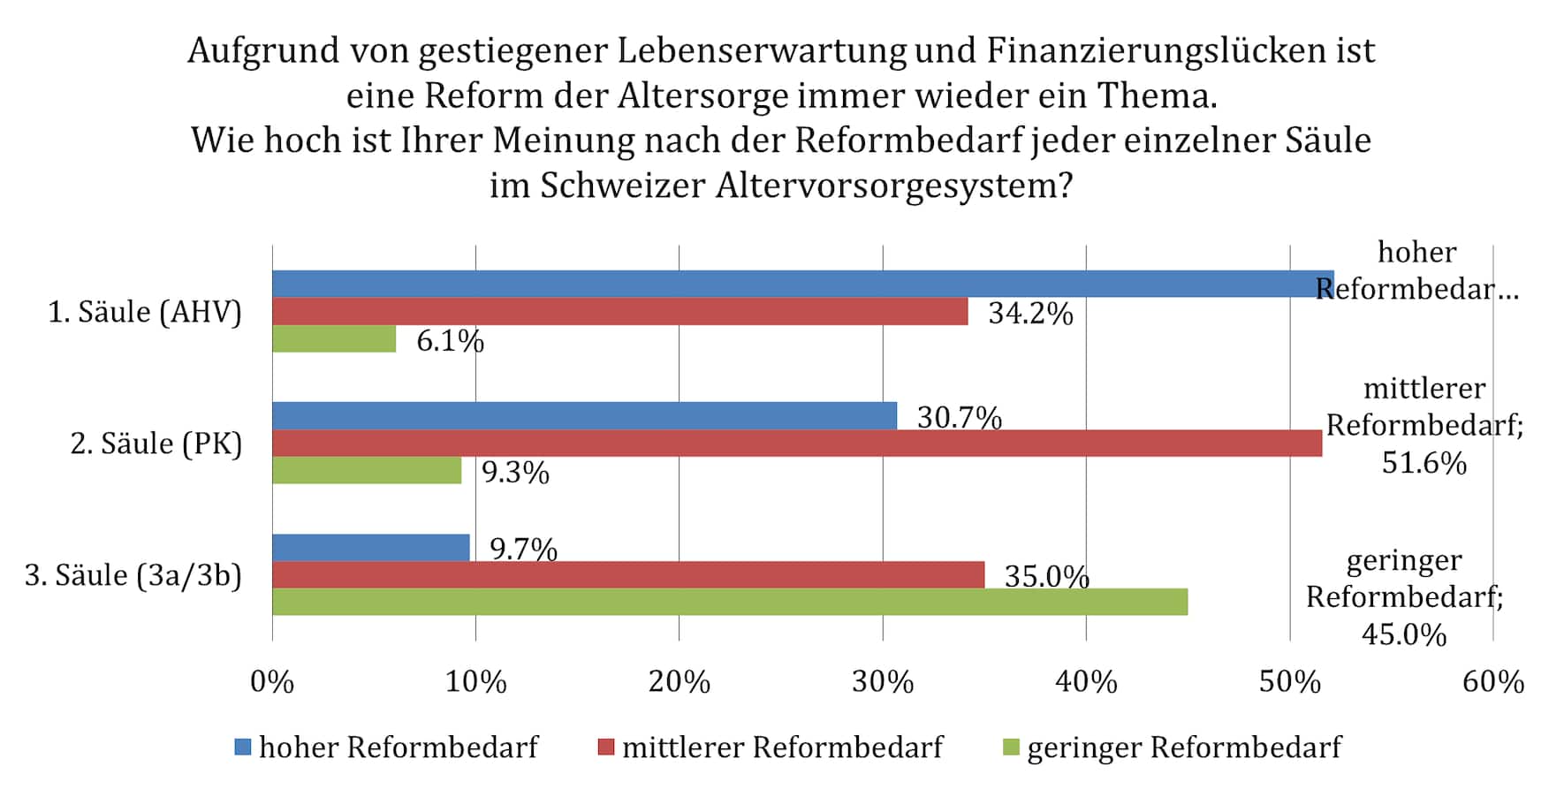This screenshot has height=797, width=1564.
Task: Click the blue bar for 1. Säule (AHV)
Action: click(x=803, y=284)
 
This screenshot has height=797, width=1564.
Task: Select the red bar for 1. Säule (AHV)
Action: click(x=620, y=311)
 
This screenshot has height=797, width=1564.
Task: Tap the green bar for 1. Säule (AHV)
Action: click(x=334, y=338)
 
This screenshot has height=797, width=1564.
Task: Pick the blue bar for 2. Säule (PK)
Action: click(x=585, y=415)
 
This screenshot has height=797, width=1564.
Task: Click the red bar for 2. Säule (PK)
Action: click(x=797, y=443)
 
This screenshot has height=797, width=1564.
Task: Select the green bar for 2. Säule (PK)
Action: click(x=367, y=470)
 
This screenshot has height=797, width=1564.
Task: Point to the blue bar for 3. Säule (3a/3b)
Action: click(x=371, y=548)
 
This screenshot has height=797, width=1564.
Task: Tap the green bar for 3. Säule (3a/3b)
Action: click(x=730, y=602)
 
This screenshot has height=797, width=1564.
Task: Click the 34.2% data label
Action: click(x=1030, y=313)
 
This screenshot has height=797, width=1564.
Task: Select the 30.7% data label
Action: click(x=960, y=417)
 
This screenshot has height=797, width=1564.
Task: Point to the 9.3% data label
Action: click(x=515, y=473)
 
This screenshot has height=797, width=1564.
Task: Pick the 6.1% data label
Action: click(x=450, y=340)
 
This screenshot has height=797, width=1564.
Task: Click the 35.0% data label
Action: click(x=1047, y=576)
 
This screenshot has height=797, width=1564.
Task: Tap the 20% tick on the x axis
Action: click(x=680, y=682)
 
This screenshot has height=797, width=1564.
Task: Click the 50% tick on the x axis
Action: click(x=1290, y=682)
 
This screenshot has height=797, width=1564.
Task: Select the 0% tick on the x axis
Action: click(x=272, y=682)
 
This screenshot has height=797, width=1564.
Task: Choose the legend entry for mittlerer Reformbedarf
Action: click(x=771, y=748)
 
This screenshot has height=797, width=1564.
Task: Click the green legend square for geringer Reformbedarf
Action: click(x=1012, y=748)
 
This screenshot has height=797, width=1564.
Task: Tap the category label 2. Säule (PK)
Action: click(x=156, y=444)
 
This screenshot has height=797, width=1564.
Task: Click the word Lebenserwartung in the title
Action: click(x=762, y=51)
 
